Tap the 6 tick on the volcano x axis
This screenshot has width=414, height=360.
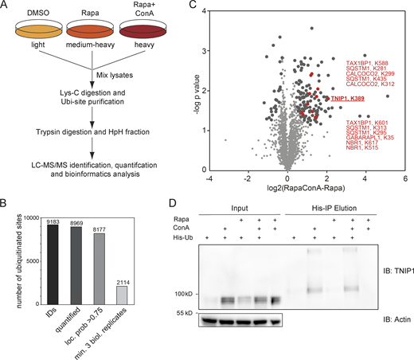click(x=404, y=158)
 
